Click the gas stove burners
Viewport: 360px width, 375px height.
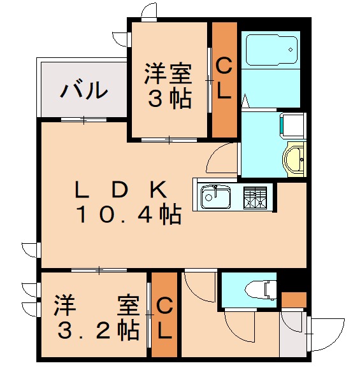click(x=256, y=197)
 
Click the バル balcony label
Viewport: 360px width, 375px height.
click(x=83, y=91)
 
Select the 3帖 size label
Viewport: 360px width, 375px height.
click(x=169, y=99)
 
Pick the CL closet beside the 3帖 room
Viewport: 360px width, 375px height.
click(x=224, y=79)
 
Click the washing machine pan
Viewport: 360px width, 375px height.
click(x=294, y=125)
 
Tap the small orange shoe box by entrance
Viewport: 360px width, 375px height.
click(x=294, y=300)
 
